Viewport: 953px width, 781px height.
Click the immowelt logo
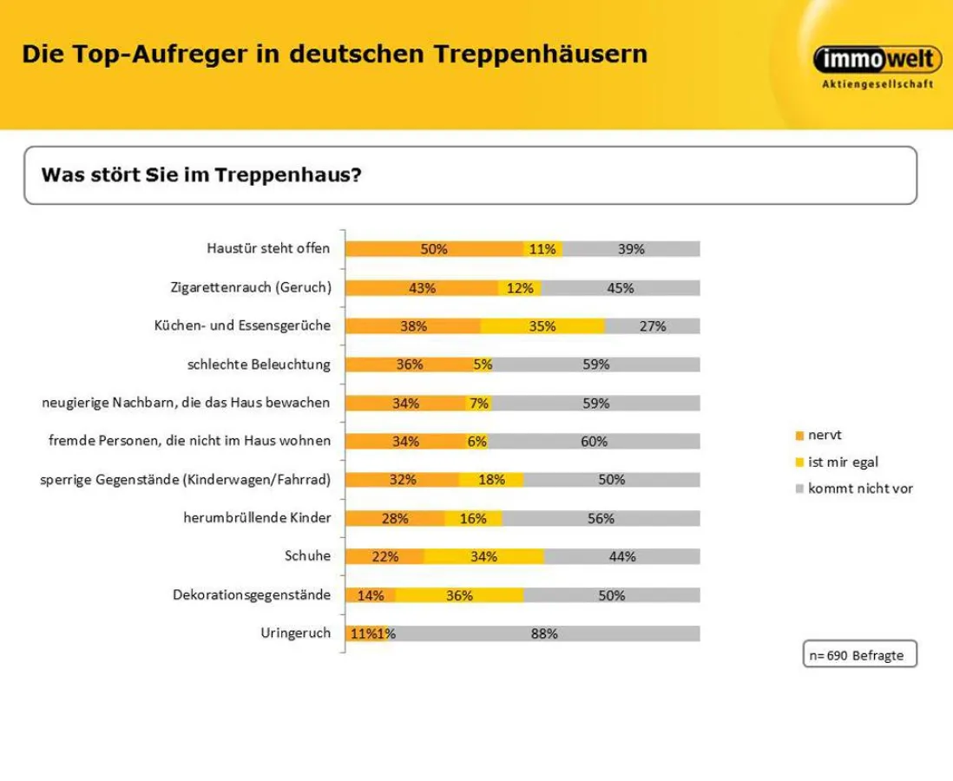coord(877,60)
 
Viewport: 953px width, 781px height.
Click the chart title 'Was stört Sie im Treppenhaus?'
coord(200,174)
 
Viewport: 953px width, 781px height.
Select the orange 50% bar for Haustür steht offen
coord(434,249)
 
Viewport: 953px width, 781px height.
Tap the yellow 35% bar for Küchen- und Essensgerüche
coord(542,326)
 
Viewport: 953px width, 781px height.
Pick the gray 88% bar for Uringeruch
coord(544,633)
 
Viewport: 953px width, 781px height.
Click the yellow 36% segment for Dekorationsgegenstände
coord(459,595)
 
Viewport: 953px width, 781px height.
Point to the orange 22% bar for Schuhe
coord(384,556)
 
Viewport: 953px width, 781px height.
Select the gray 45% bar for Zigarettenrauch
coord(620,288)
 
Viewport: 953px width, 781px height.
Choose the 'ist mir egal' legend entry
coord(835,462)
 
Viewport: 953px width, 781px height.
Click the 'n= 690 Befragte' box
coord(857,655)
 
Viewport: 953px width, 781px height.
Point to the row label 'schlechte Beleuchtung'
coord(259,364)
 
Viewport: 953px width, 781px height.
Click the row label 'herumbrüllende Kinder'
coord(257,518)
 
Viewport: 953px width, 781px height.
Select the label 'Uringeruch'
coord(295,633)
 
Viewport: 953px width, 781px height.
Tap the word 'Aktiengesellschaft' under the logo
coord(877,84)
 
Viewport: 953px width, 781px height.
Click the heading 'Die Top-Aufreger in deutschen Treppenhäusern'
coord(334,55)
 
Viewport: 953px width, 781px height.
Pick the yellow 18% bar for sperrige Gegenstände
coord(491,480)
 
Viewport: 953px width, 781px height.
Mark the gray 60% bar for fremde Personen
coord(594,442)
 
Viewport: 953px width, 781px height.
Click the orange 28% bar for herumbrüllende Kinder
coord(395,518)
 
